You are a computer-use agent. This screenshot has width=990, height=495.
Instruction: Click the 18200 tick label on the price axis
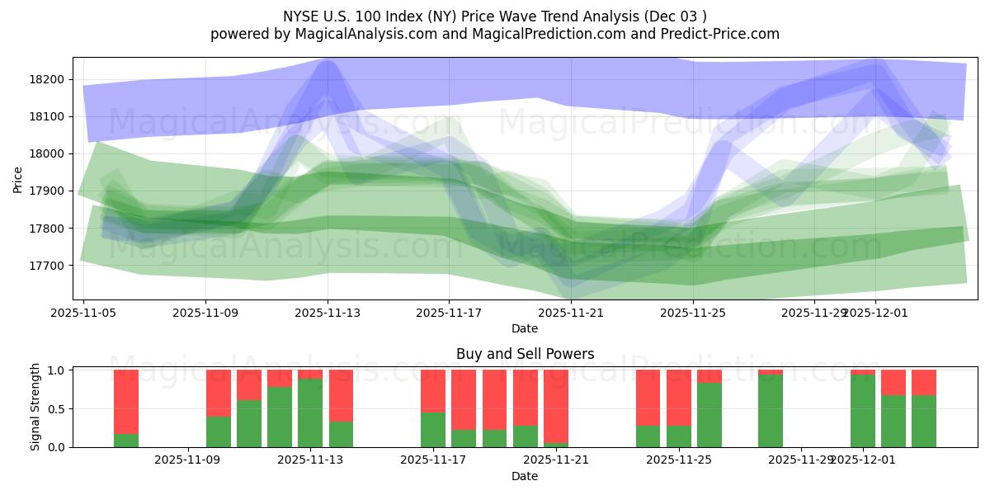48,79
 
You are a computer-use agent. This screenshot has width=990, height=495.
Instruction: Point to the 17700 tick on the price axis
48,266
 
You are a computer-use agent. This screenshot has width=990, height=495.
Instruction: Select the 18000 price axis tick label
48,153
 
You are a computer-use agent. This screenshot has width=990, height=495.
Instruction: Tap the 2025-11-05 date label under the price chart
84,313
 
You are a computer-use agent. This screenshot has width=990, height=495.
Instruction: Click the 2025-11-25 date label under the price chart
693,313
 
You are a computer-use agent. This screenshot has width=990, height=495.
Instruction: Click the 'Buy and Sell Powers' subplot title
525,354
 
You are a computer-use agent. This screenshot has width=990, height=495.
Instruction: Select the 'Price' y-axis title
18,180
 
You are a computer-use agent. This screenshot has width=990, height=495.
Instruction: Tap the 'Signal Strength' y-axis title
35,408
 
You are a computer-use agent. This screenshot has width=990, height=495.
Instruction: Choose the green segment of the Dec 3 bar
924,421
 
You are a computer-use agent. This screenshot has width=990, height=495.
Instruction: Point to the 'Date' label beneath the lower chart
525,476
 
